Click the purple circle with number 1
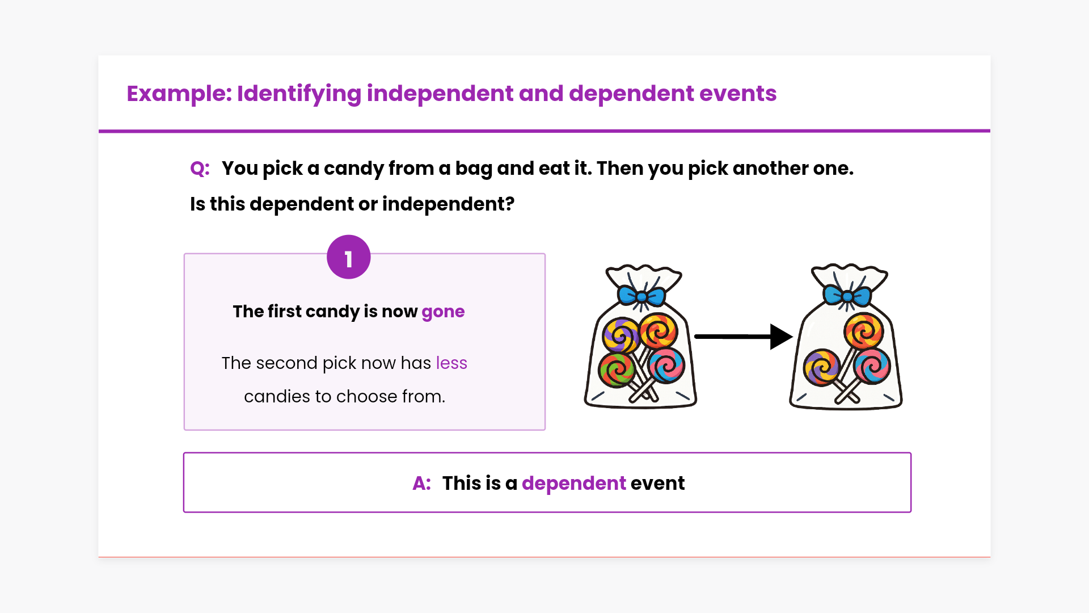click(x=349, y=257)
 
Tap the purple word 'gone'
click(x=443, y=312)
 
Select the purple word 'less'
click(x=451, y=363)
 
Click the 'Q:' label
click(x=200, y=169)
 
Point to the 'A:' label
click(x=421, y=484)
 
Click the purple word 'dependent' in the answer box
click(x=574, y=484)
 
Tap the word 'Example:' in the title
click(x=179, y=94)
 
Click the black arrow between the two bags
click(x=744, y=337)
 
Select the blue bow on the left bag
click(x=641, y=296)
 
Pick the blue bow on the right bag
click(x=847, y=296)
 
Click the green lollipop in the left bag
click(x=616, y=370)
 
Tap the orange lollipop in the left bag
click(x=659, y=331)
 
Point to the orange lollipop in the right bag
click(x=863, y=331)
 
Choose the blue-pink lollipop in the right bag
click(x=872, y=366)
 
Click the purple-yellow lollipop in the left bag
click(x=621, y=335)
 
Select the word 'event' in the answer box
click(x=658, y=484)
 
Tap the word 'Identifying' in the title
click(x=299, y=94)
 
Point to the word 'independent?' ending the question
click(x=448, y=204)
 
